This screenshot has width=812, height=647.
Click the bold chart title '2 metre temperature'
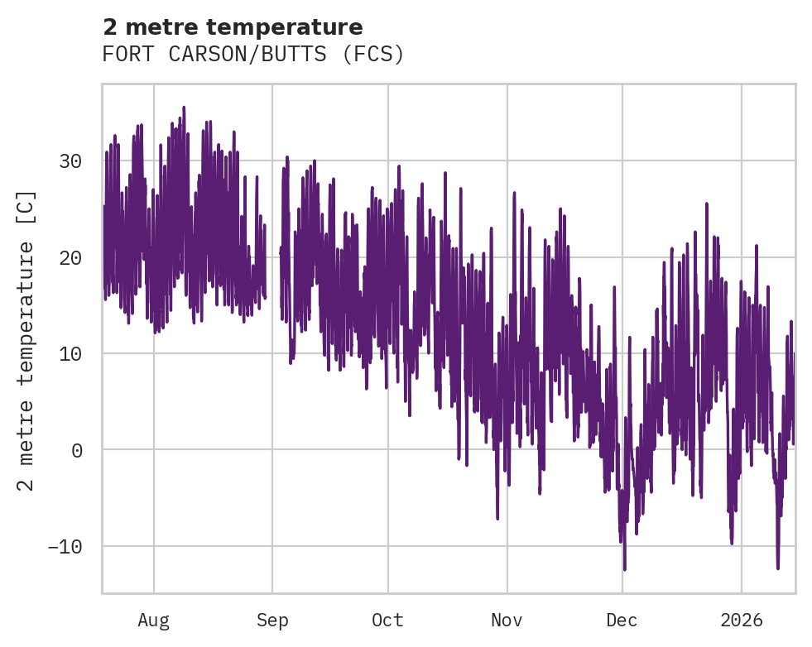(x=233, y=27)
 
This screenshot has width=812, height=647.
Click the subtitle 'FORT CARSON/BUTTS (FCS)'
(x=252, y=55)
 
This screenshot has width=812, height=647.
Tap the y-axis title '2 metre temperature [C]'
(x=27, y=341)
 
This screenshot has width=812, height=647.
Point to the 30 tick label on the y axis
(x=70, y=161)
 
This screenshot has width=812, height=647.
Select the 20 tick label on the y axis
(x=70, y=257)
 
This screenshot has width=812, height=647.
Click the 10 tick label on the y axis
(x=70, y=354)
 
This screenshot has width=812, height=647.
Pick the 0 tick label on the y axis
(x=76, y=450)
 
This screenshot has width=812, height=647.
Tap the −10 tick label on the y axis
(x=65, y=547)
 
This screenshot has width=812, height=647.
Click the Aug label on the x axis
(x=153, y=621)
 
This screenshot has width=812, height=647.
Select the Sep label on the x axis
(x=272, y=621)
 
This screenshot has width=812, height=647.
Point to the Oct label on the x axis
(x=387, y=621)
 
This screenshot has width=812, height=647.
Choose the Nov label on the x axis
(x=507, y=621)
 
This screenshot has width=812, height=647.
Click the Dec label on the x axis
(x=622, y=621)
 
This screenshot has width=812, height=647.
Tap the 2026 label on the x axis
(x=742, y=621)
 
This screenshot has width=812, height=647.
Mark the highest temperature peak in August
(x=184, y=108)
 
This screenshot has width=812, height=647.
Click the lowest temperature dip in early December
(x=624, y=568)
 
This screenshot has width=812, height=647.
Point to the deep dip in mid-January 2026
(x=778, y=568)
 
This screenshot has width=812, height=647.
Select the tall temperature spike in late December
(x=706, y=204)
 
